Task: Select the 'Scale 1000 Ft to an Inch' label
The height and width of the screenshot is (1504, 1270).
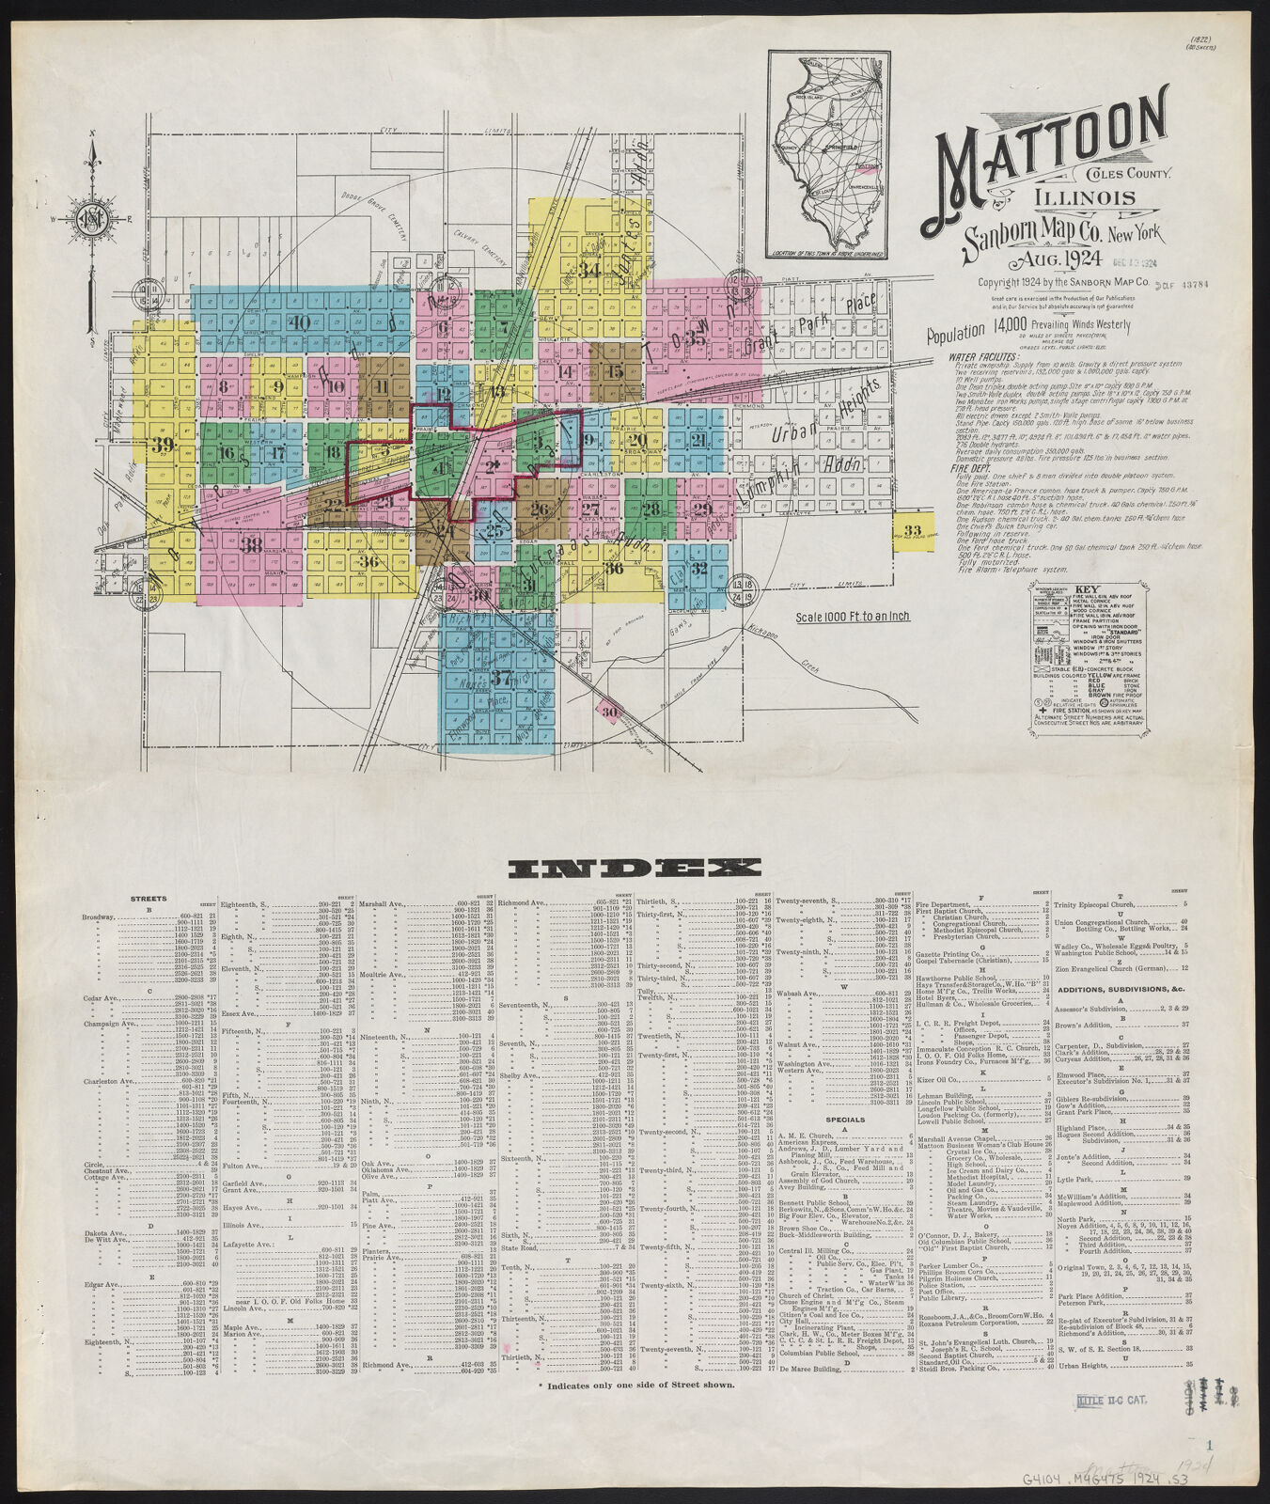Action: (852, 617)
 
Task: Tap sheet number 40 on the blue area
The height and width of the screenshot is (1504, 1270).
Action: (300, 322)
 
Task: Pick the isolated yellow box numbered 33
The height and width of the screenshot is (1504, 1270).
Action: (911, 529)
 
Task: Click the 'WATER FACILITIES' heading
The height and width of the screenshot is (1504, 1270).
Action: (983, 358)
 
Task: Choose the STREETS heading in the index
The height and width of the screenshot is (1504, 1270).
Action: (149, 899)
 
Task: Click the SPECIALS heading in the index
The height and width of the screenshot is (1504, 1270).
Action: (844, 1120)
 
